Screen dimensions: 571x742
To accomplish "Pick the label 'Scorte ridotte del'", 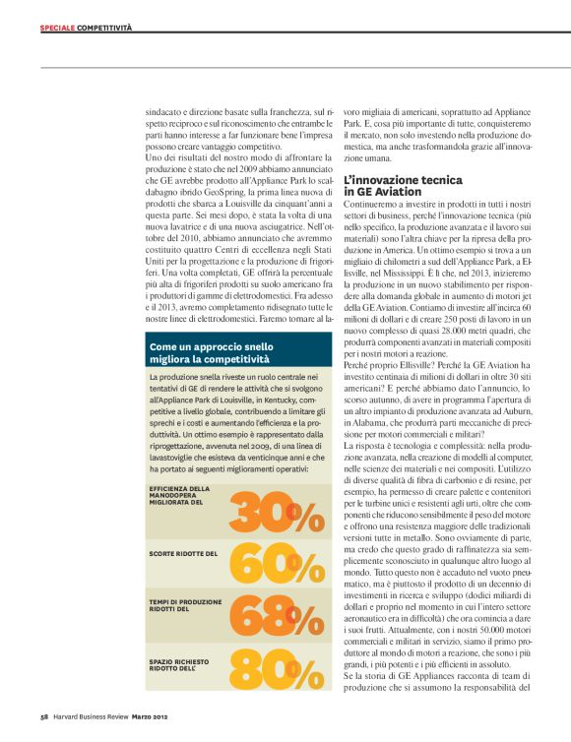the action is (x=183, y=554).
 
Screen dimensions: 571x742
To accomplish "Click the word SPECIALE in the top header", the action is (x=57, y=30).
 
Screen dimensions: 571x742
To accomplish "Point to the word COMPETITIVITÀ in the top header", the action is (x=105, y=30).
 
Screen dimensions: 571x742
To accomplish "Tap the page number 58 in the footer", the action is (x=44, y=716).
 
